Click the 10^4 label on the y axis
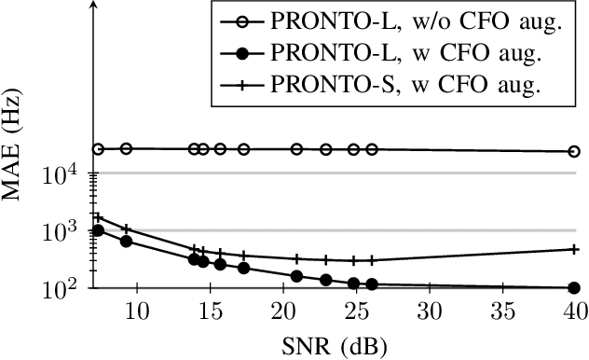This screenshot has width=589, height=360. coord(68,172)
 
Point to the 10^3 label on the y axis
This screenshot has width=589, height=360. coord(68,229)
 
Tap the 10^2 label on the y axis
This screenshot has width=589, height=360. coord(68,287)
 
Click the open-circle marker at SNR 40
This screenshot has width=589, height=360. coord(574,151)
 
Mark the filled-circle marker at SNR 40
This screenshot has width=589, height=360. coord(574,288)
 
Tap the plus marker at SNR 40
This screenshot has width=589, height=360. coord(574,249)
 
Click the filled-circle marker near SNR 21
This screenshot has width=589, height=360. coord(296,276)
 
